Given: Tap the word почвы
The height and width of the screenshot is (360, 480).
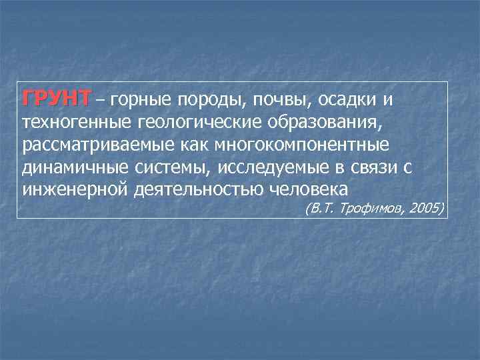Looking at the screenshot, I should pos(274,101).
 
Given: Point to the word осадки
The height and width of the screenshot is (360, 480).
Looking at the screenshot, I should pos(345,100).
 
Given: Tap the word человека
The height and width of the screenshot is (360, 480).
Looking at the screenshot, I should pos(310,189).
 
